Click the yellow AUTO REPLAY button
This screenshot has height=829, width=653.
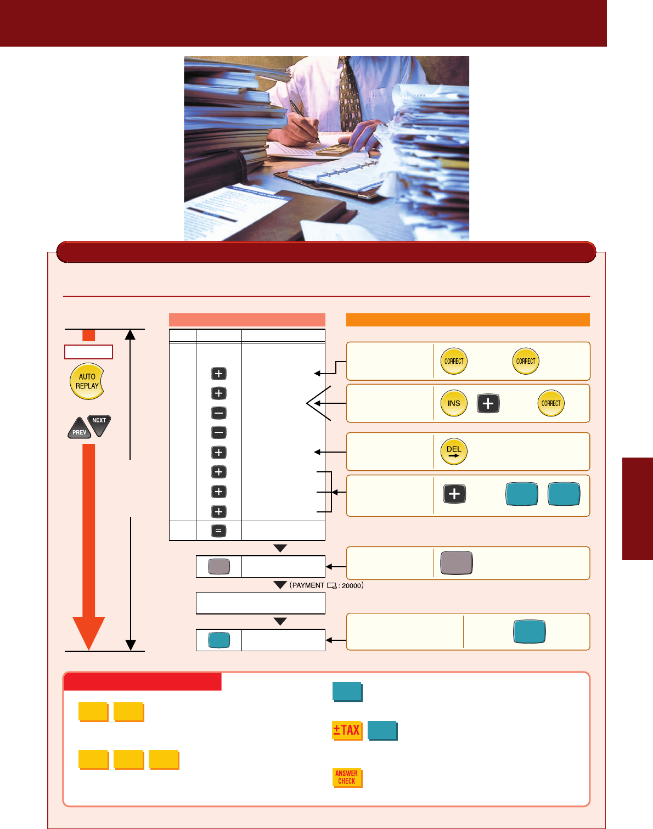(x=87, y=381)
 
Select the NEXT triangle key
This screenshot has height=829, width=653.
(x=100, y=424)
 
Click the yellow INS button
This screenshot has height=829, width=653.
(x=454, y=403)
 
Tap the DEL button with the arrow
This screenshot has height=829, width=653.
(x=454, y=452)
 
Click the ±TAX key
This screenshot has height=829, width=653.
(x=347, y=730)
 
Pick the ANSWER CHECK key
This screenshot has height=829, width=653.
(x=347, y=777)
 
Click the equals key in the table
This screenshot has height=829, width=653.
(x=218, y=531)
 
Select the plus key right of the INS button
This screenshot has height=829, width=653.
(x=488, y=403)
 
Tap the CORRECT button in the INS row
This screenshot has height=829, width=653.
(x=551, y=403)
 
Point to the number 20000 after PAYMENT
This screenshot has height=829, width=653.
(x=351, y=586)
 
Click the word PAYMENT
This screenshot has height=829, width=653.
(x=308, y=585)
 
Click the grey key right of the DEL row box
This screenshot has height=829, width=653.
(x=457, y=563)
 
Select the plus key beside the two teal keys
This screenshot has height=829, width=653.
(x=454, y=494)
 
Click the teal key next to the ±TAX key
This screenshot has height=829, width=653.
(x=382, y=731)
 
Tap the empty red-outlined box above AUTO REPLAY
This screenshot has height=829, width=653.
(x=88, y=352)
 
